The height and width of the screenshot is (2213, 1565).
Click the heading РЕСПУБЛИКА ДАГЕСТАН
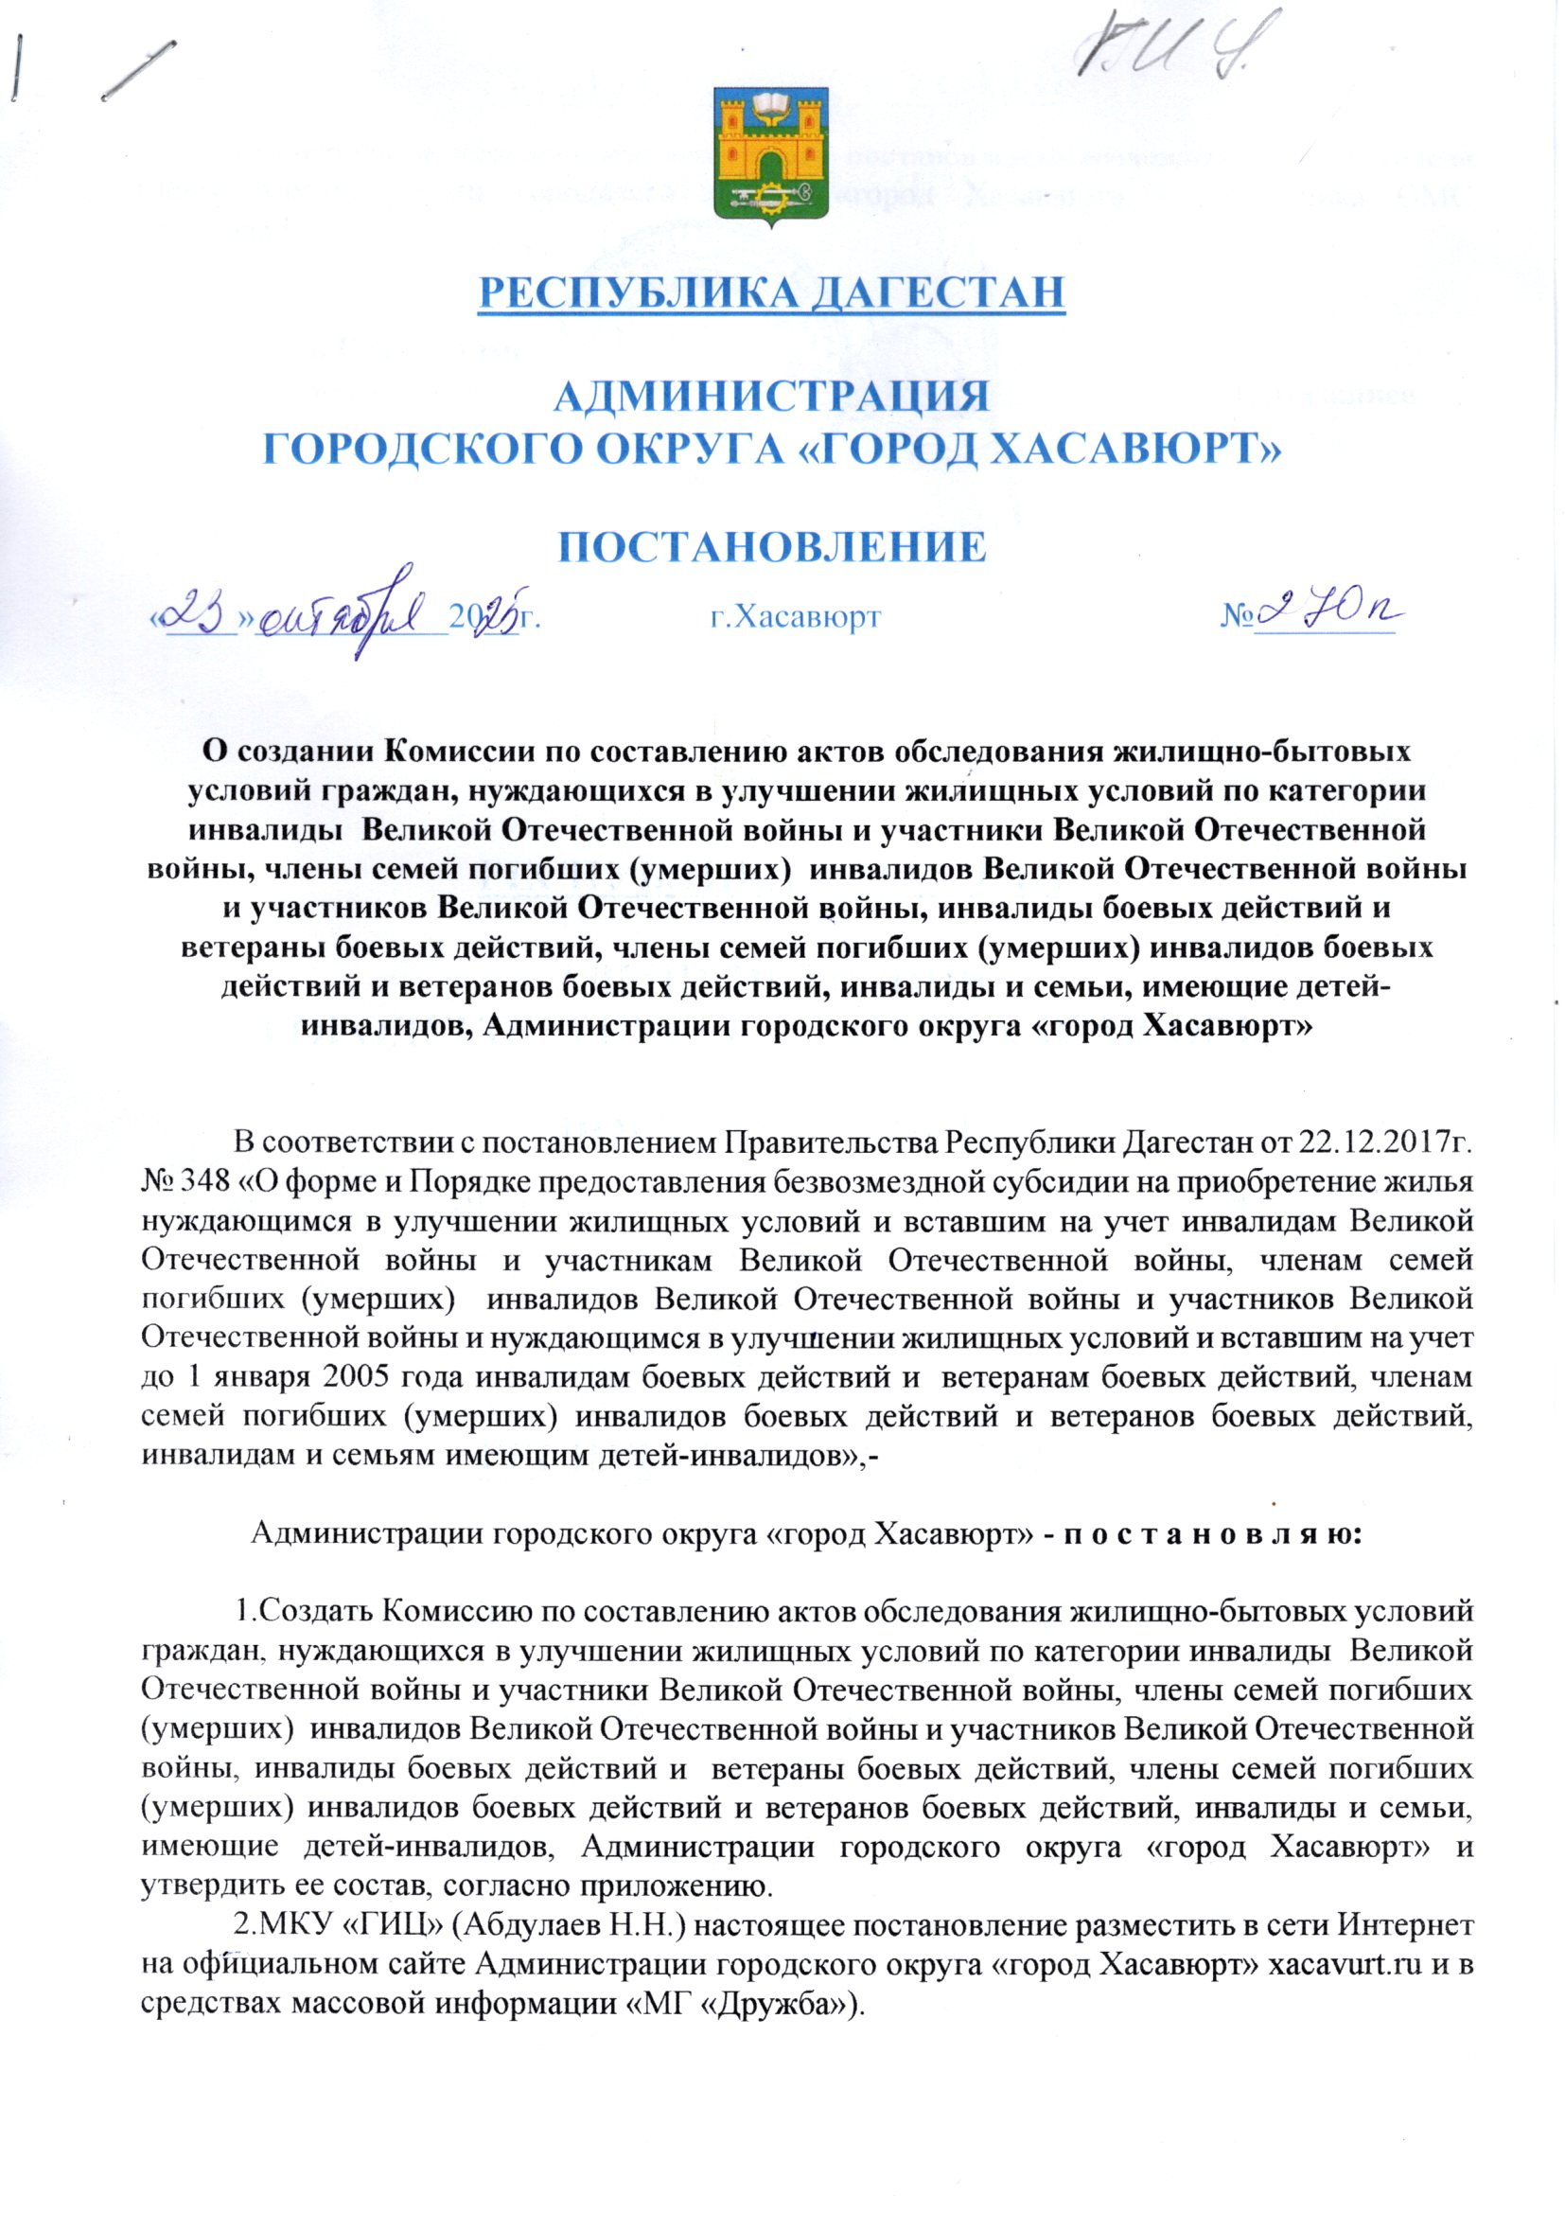(773, 292)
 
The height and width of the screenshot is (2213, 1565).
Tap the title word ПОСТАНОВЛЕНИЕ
(773, 546)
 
